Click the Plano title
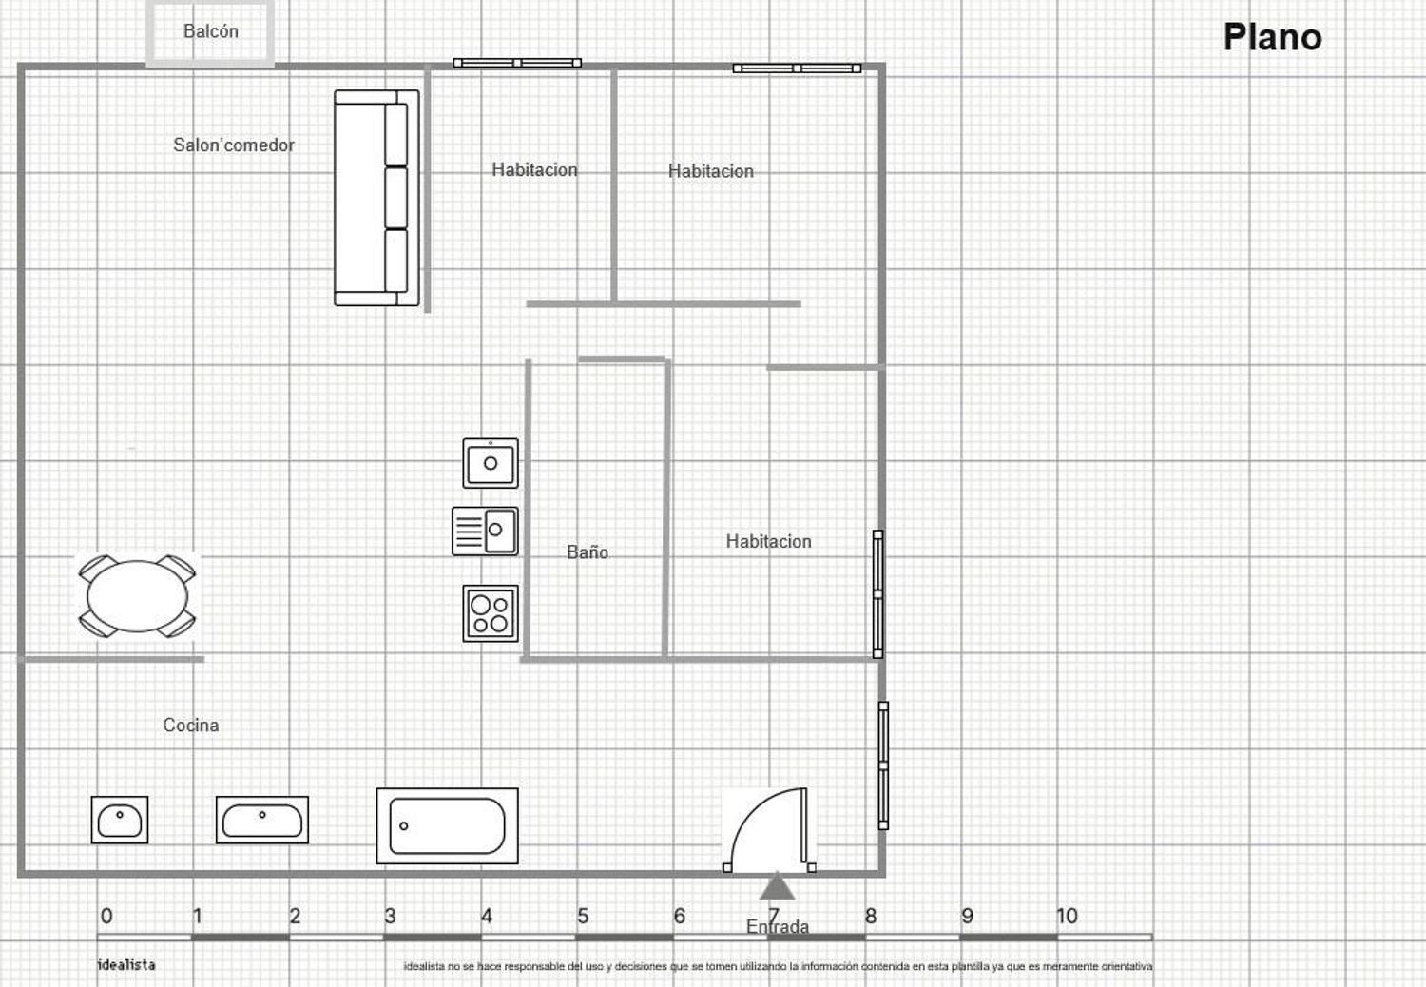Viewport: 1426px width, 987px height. pyautogui.click(x=1273, y=37)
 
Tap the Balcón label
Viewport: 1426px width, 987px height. pyautogui.click(x=211, y=30)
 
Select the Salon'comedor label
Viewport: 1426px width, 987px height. pyautogui.click(x=234, y=145)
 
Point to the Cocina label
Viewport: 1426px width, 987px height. pyautogui.click(x=191, y=725)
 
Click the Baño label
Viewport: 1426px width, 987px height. pyautogui.click(x=587, y=552)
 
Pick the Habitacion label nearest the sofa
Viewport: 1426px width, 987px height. pyautogui.click(x=534, y=169)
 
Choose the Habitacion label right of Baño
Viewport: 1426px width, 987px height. pyautogui.click(x=768, y=541)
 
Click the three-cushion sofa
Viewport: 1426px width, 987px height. pyautogui.click(x=376, y=198)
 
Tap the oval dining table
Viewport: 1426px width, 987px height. pyautogui.click(x=138, y=596)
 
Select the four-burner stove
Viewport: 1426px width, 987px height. pyautogui.click(x=491, y=613)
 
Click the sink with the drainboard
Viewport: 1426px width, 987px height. pyautogui.click(x=485, y=532)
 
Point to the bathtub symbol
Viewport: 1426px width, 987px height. pyautogui.click(x=448, y=826)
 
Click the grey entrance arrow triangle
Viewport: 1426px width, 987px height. pyautogui.click(x=777, y=886)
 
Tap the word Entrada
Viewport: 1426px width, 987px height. pyautogui.click(x=778, y=926)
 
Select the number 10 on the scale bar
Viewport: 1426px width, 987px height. pyautogui.click(x=1067, y=916)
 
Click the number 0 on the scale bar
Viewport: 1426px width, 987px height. pyautogui.click(x=106, y=916)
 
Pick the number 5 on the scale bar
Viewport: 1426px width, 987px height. pyautogui.click(x=583, y=916)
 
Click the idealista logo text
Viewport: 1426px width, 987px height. pyautogui.click(x=126, y=965)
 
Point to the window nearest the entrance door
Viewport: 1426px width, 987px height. pyautogui.click(x=883, y=765)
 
